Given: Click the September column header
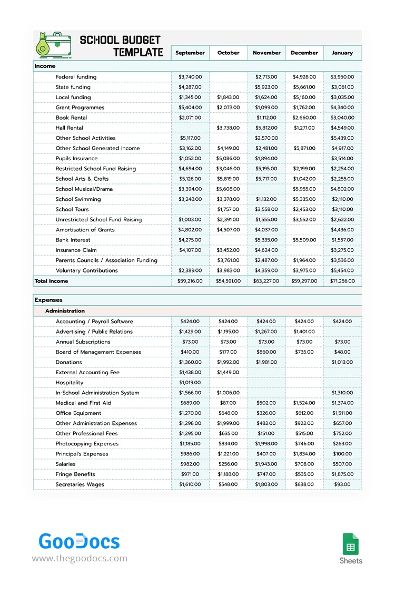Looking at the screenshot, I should (x=190, y=53).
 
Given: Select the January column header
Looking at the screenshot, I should (x=342, y=53).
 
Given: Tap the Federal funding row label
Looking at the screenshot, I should (x=76, y=77).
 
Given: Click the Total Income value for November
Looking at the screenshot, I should (x=266, y=281).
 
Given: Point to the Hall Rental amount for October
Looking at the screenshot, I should (x=228, y=128).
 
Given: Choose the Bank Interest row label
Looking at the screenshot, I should (x=73, y=240).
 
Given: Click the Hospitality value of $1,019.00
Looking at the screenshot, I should (x=190, y=383).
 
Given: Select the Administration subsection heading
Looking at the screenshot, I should (x=65, y=311).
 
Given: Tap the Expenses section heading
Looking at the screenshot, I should (x=48, y=300).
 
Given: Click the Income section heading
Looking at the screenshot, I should (x=45, y=66).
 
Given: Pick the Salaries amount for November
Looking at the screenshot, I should (x=266, y=464).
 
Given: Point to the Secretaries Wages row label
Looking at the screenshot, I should (x=80, y=484).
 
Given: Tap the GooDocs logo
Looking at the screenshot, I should (x=79, y=541).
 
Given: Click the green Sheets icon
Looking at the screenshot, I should (x=351, y=544).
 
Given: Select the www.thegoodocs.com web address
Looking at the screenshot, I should (x=80, y=558).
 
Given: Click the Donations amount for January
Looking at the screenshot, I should (x=342, y=362).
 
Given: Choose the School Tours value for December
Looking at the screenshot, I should (x=304, y=209).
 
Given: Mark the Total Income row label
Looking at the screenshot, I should (x=51, y=281).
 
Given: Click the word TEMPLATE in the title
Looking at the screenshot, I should (x=139, y=52).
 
